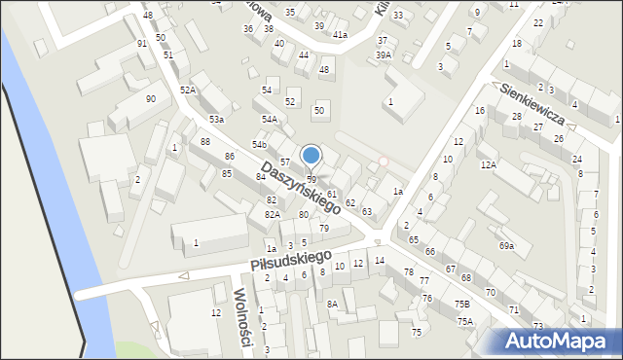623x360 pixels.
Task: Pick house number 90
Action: tap(151, 99)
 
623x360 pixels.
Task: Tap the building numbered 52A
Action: tap(188, 90)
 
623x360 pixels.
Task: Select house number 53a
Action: tap(216, 119)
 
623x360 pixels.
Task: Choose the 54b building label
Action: tap(259, 144)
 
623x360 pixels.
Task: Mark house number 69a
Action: tap(506, 246)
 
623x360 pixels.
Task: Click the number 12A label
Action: tap(488, 165)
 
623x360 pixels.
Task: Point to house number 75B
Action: tap(462, 305)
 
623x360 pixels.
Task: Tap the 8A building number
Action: tap(332, 305)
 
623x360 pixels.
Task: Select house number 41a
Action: tap(340, 35)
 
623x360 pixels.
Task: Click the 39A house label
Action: tap(384, 55)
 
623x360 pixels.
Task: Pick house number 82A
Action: tap(273, 214)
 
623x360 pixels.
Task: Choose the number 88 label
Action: tap(204, 142)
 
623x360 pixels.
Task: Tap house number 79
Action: tap(324, 229)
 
